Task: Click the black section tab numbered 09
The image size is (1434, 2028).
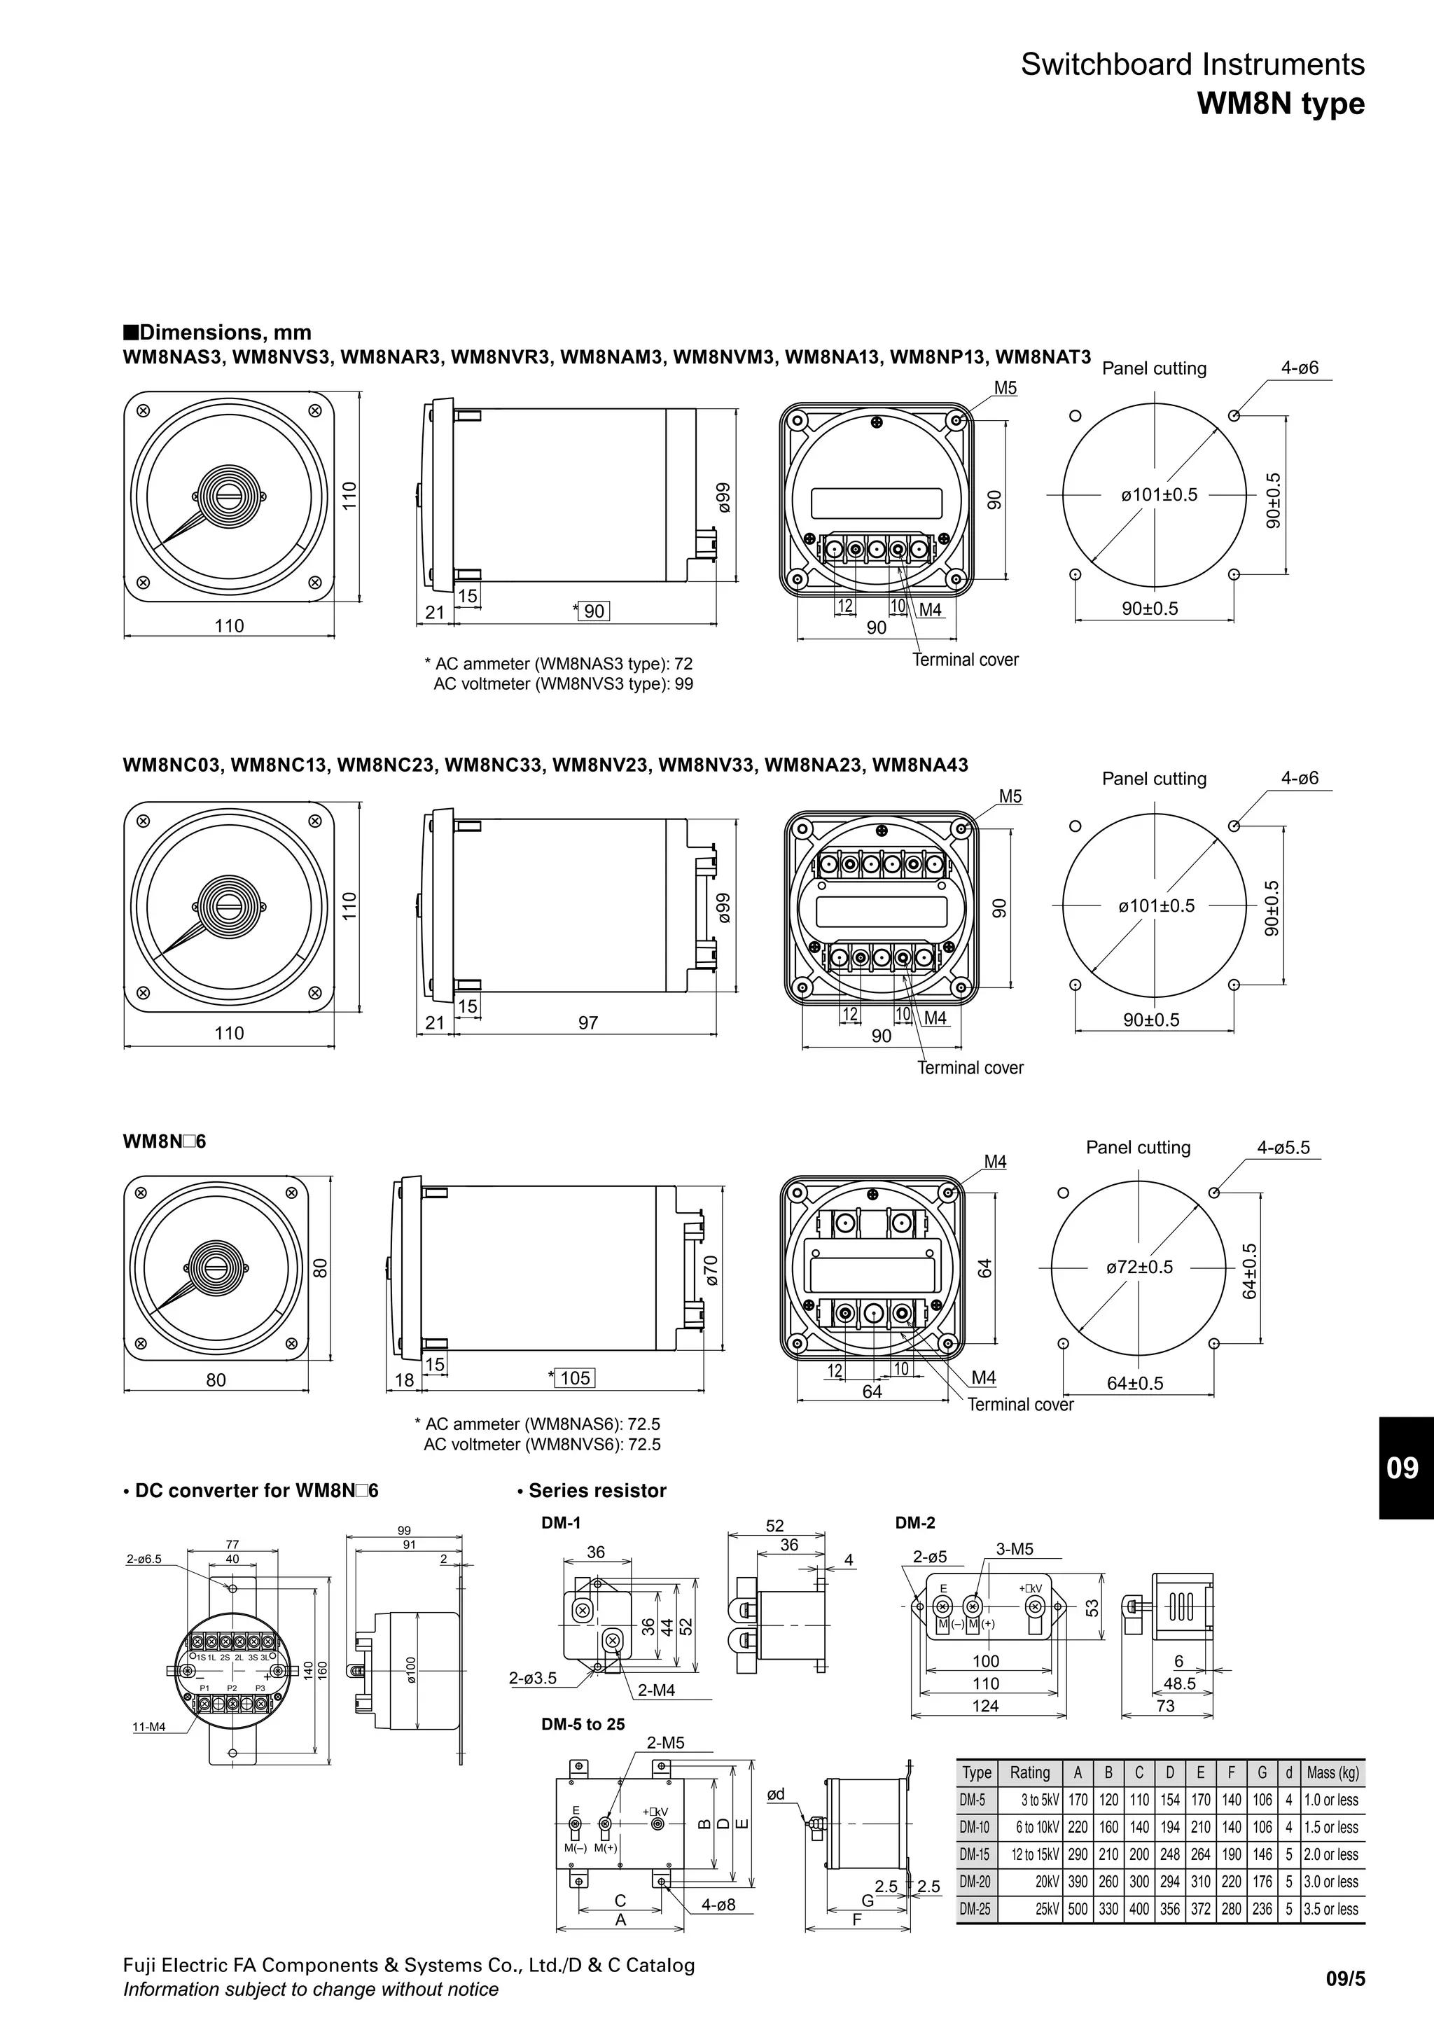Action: [1403, 1467]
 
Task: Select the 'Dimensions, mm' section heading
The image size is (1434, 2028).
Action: [217, 333]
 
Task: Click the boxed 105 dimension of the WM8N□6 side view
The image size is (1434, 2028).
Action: [575, 1378]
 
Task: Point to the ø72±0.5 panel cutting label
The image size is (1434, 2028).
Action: [1139, 1267]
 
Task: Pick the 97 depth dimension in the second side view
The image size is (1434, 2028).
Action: [588, 1023]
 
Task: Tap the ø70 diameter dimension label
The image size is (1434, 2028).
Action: [711, 1270]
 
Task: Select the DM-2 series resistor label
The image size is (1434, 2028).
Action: [914, 1523]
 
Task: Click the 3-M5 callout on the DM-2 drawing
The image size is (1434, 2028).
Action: [1015, 1549]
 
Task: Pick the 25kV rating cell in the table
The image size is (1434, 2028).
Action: [1046, 1909]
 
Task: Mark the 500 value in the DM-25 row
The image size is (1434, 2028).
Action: [1078, 1909]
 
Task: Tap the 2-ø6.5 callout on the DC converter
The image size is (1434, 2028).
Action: [144, 1560]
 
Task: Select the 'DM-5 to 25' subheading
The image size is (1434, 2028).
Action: [583, 1724]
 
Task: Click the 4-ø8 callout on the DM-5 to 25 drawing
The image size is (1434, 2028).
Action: [718, 1905]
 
